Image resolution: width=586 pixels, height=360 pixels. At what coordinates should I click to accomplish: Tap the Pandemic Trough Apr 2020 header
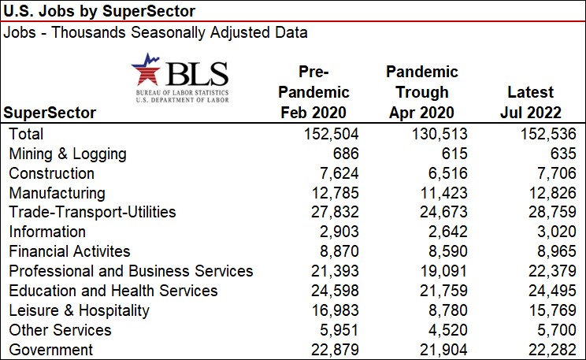click(422, 91)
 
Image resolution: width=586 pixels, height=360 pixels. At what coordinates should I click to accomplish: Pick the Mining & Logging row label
click(67, 154)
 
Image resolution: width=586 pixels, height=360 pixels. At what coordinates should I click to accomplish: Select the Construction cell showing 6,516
click(445, 173)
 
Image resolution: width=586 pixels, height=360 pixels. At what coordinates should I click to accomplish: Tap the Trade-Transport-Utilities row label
click(92, 212)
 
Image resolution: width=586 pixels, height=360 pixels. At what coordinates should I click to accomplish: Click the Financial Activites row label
click(69, 251)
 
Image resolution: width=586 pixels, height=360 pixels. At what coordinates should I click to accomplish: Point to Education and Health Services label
click(113, 291)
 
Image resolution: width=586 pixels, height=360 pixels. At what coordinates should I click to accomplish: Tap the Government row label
click(50, 350)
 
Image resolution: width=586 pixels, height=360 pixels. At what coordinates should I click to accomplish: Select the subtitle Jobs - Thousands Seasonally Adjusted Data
click(156, 33)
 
